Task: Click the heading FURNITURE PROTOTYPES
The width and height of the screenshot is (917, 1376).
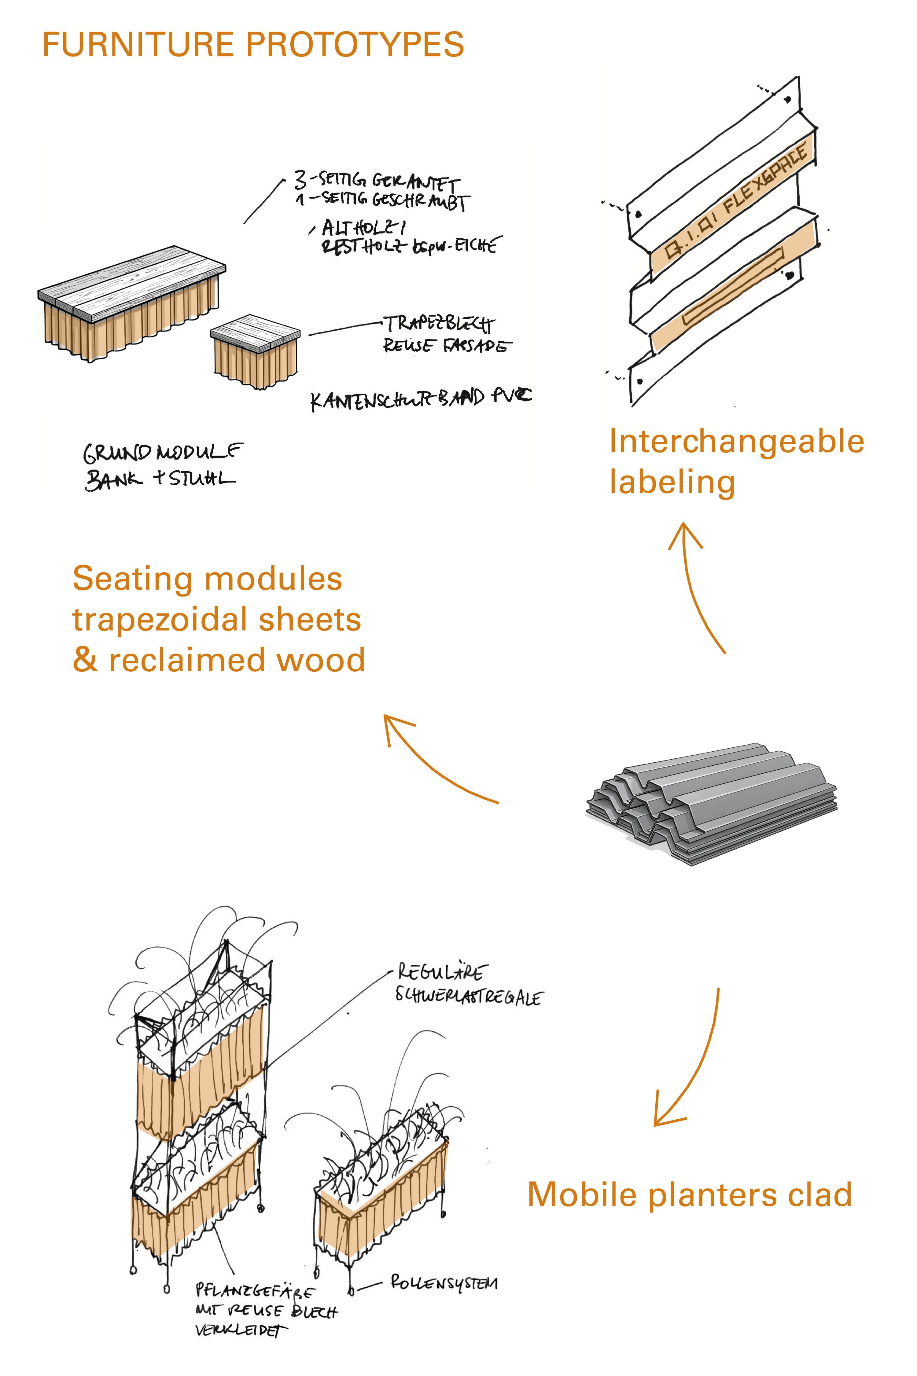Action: (253, 44)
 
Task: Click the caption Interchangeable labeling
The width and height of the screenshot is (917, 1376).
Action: (736, 462)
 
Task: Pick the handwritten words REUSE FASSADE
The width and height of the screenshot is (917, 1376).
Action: (446, 346)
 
